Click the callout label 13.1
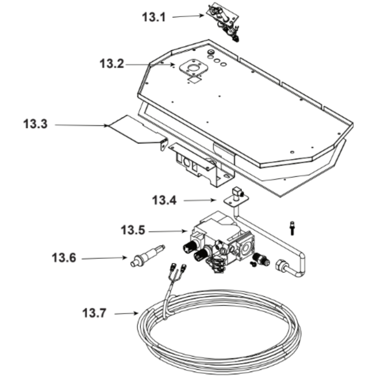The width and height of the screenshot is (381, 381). click(154, 17)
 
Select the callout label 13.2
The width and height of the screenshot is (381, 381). click(112, 64)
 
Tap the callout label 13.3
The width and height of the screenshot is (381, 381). click(35, 125)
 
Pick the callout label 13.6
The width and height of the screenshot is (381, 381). click(64, 258)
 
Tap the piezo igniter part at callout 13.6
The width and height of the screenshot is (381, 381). click(147, 255)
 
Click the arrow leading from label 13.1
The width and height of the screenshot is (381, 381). click(189, 16)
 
